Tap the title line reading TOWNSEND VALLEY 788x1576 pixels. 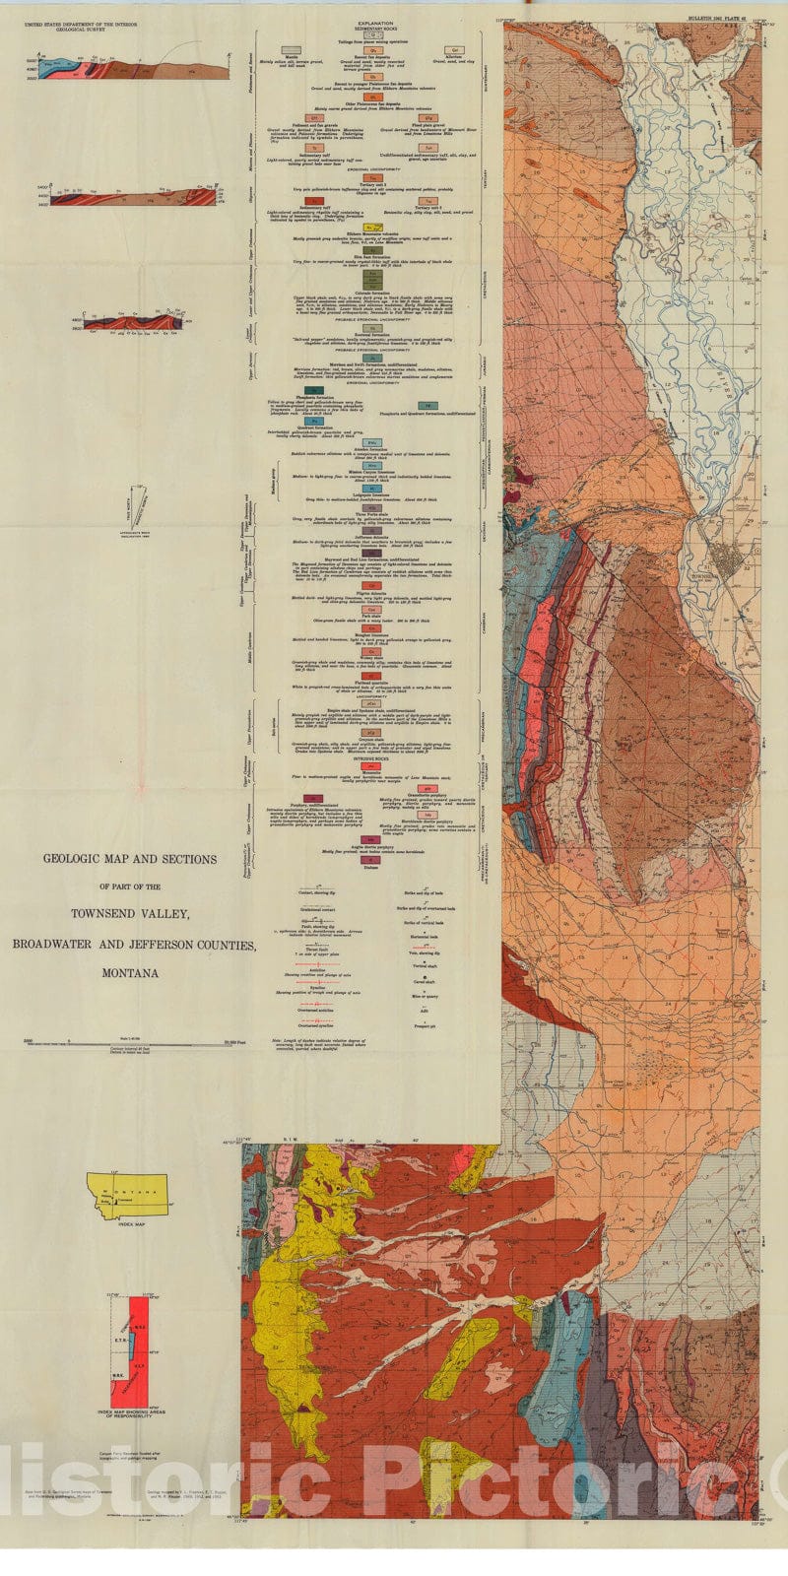click(130, 914)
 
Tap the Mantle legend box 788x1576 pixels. click(291, 50)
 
